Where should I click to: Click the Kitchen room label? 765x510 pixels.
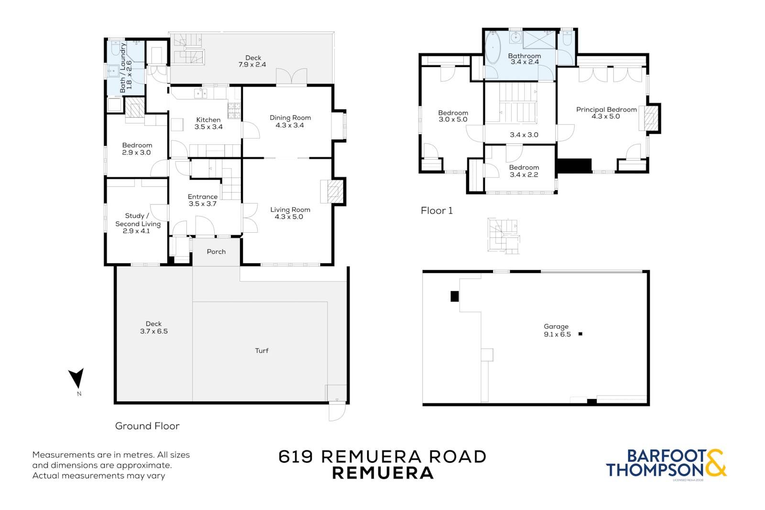tap(208, 120)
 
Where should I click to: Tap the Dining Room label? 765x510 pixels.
tap(290, 118)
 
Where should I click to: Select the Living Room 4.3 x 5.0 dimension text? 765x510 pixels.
tap(289, 217)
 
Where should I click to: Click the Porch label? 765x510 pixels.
tap(216, 251)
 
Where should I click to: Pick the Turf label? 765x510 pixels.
tap(262, 350)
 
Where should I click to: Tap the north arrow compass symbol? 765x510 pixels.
tap(77, 378)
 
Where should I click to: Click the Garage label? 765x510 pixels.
tap(556, 326)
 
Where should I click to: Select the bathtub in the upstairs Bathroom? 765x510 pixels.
tap(493, 47)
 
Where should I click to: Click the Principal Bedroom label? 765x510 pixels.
tap(607, 109)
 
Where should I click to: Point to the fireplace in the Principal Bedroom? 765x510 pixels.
tap(650, 118)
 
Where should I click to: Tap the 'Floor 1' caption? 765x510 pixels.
tap(437, 211)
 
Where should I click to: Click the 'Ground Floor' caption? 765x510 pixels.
tap(147, 426)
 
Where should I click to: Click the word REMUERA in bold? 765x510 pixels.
tap(383, 474)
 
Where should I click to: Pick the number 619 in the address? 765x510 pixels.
tap(296, 457)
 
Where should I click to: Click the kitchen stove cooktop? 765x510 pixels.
tap(234, 110)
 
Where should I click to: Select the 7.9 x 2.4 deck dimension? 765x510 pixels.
tap(252, 65)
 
